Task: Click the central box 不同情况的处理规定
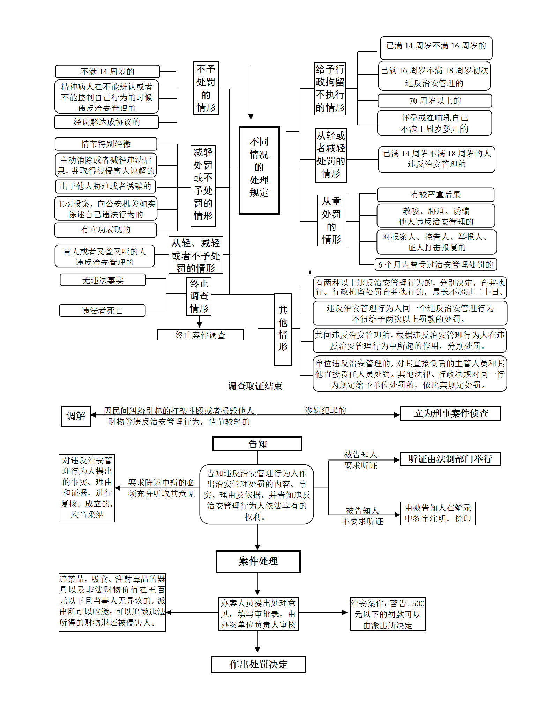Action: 259,170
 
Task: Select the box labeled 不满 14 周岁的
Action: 107,72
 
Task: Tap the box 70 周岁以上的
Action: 435,101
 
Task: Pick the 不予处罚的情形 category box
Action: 206,88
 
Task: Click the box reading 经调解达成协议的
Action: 106,122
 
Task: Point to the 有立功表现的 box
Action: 105,230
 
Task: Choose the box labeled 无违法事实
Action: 103,280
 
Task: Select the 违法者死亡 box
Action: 102,310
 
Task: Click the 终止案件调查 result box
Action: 200,335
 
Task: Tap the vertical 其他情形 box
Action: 283,329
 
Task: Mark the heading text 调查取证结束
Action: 255,386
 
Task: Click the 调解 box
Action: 76,416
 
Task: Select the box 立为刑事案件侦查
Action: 450,414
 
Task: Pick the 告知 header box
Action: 257,444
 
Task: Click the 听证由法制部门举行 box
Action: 450,459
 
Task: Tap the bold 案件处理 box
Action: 258,561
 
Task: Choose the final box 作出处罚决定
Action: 259,665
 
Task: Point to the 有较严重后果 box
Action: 435,195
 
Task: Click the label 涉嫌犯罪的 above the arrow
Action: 325,411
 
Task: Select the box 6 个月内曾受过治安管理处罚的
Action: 435,264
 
